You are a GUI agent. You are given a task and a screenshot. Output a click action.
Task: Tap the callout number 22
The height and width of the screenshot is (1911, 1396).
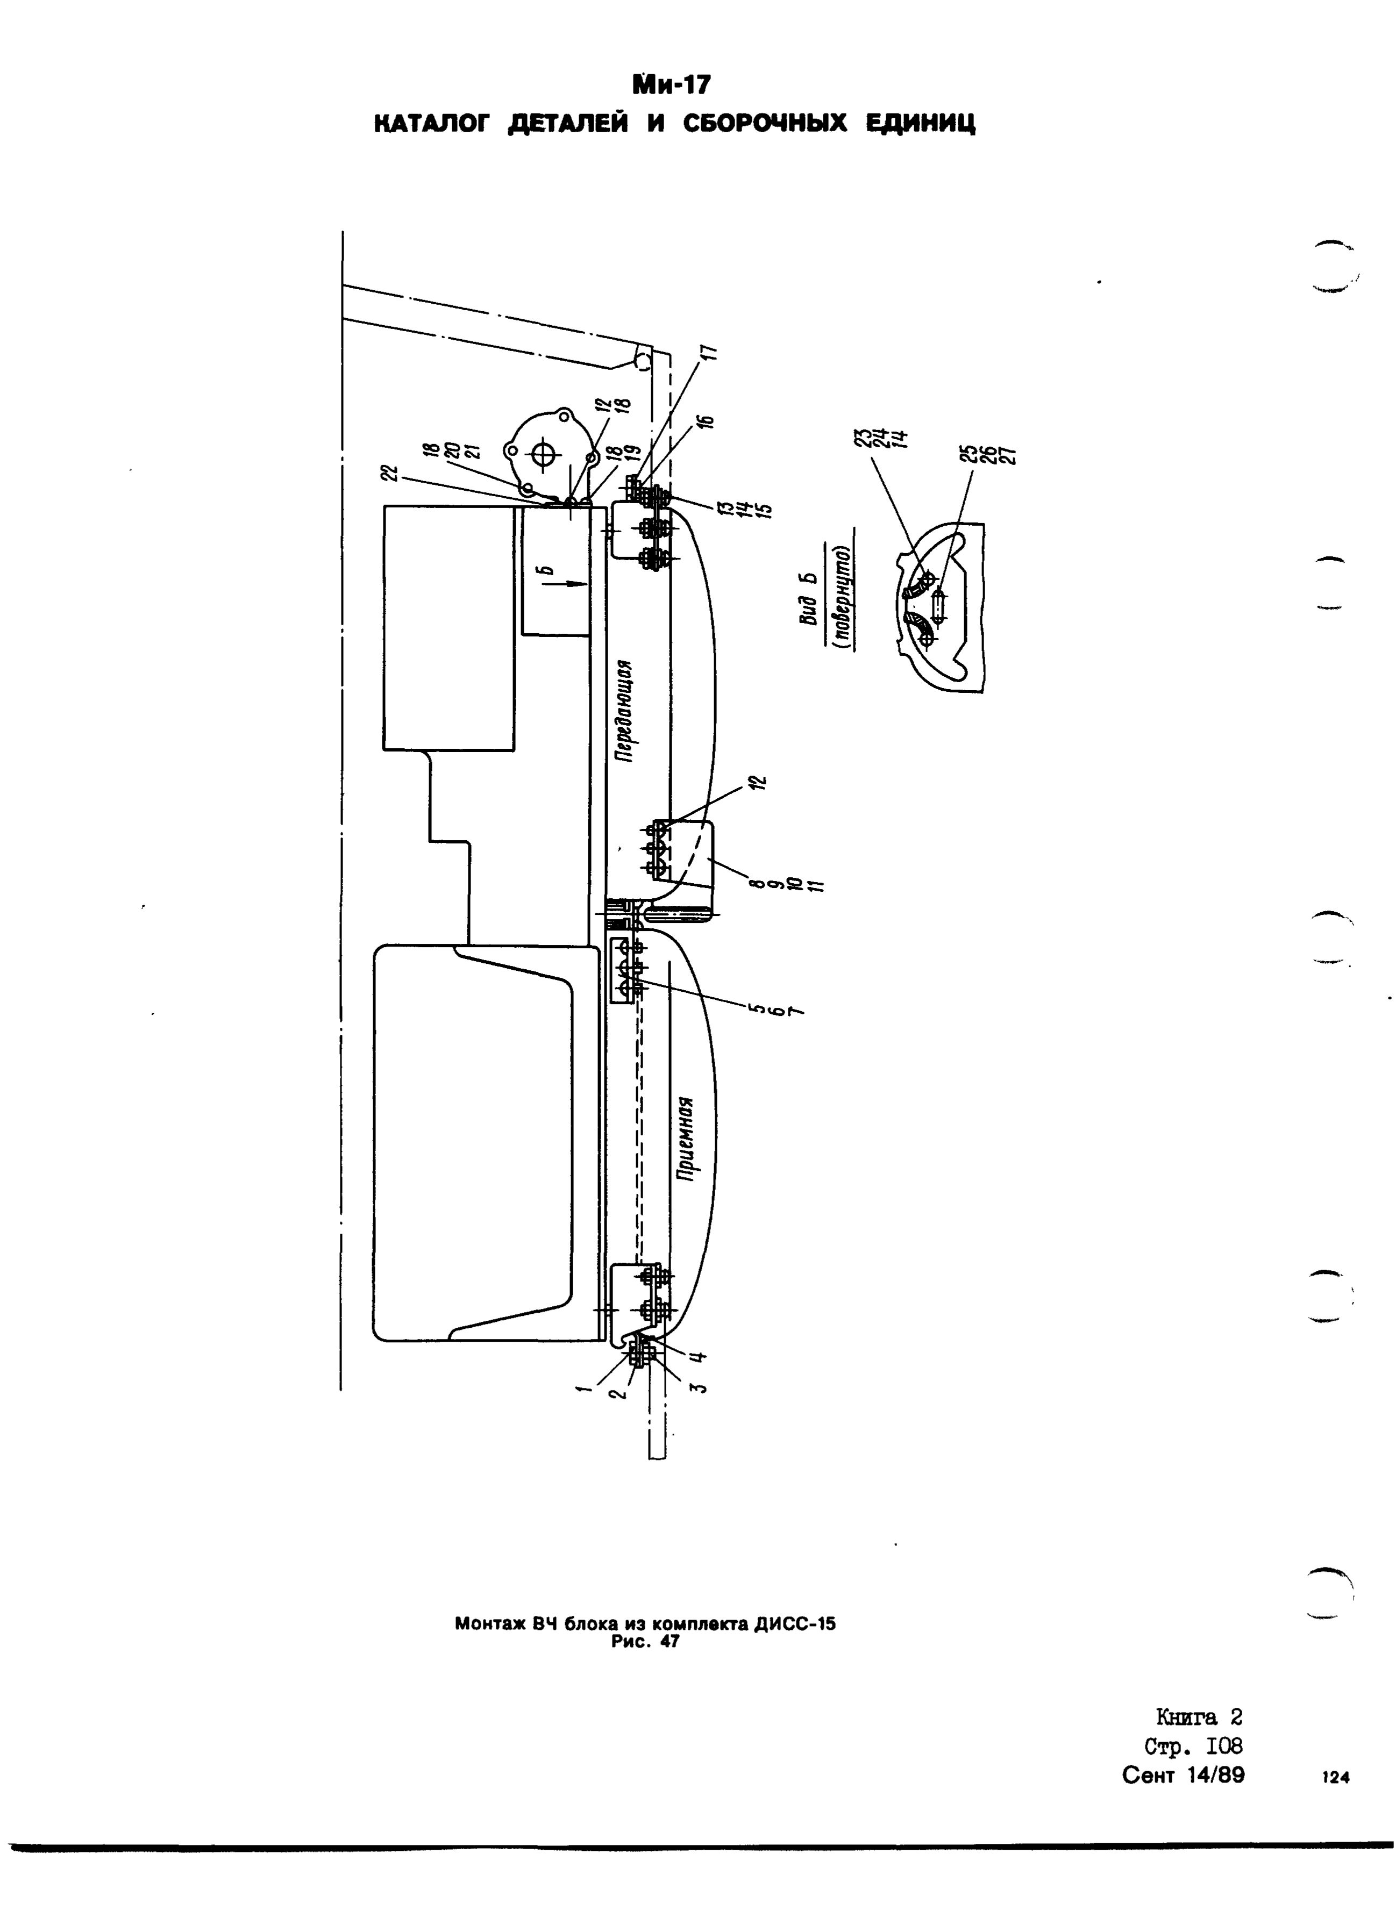389,476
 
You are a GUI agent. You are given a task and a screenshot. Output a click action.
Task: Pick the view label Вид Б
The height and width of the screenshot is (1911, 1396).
811,599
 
